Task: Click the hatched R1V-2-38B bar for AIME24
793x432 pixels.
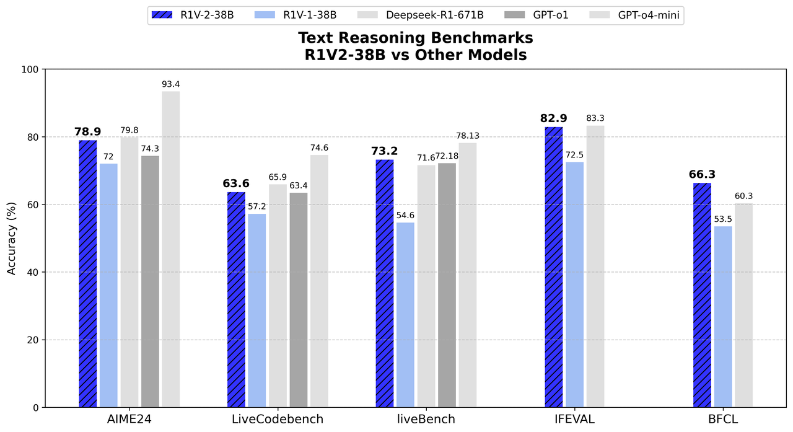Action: [88, 273]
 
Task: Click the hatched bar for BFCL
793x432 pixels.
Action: [702, 295]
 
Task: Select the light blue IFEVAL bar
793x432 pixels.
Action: [574, 284]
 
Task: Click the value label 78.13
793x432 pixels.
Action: [468, 136]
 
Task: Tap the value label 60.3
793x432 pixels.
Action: [743, 196]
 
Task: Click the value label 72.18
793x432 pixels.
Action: [447, 156]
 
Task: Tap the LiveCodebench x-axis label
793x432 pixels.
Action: [278, 419]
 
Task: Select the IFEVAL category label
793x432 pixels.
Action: [574, 419]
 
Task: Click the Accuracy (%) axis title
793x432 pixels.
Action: [12, 239]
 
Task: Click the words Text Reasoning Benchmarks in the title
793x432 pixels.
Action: [415, 38]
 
